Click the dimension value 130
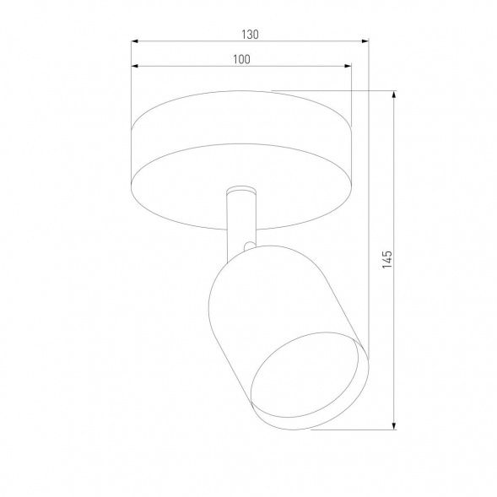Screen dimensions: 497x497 [x=249, y=35]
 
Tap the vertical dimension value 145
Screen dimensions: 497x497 [x=387, y=259]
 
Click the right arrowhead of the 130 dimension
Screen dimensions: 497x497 [x=365, y=41]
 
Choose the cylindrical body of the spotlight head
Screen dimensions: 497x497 [x=253, y=312]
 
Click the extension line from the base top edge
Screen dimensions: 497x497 [x=338, y=91]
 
